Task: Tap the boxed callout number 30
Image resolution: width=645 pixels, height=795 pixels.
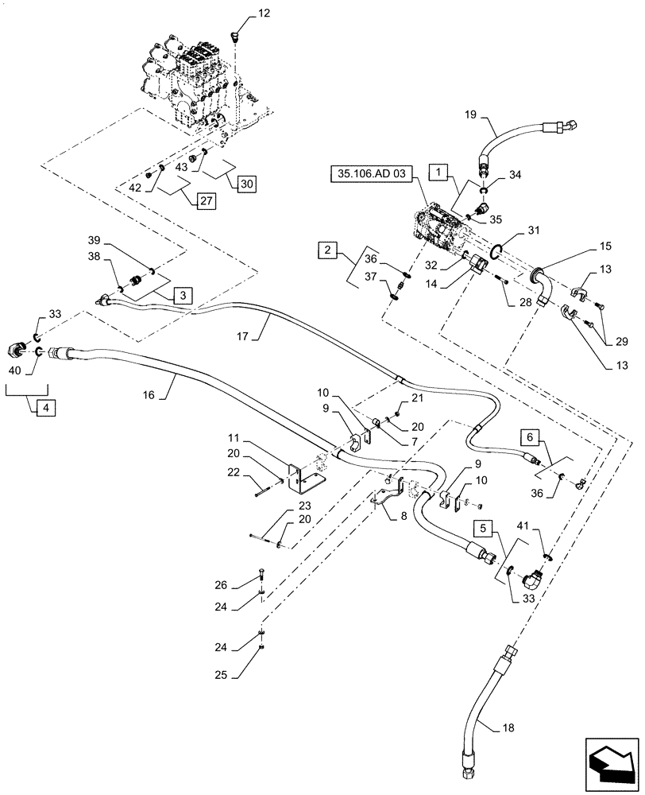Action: pyautogui.click(x=245, y=183)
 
